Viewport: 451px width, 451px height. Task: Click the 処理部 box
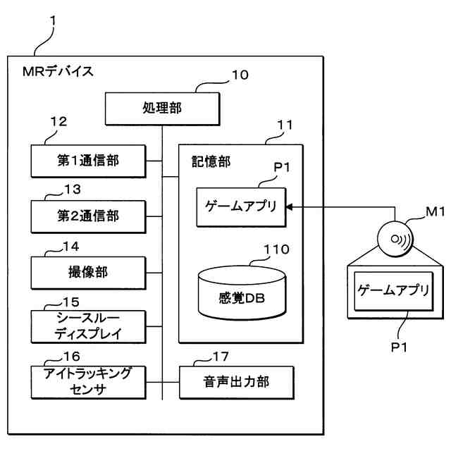(162, 109)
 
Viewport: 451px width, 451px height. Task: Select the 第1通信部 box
(88, 161)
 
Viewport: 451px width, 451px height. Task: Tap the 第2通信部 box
(88, 216)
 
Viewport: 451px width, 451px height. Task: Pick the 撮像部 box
(88, 273)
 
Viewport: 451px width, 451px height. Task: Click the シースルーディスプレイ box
(88, 326)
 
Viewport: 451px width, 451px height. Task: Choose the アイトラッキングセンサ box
(88, 382)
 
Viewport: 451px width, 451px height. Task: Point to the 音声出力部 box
(237, 382)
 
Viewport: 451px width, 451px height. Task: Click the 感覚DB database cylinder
(242, 293)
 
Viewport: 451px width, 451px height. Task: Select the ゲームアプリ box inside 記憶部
(241, 207)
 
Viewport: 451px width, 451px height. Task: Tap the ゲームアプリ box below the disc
(393, 291)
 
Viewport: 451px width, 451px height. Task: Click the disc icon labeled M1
(395, 238)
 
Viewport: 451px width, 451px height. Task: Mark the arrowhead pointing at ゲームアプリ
(290, 206)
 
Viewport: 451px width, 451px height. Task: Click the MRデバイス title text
(58, 71)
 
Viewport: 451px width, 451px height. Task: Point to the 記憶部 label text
(211, 161)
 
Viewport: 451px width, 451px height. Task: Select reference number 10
(240, 75)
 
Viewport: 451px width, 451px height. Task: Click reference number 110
(276, 249)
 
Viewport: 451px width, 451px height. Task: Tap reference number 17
(221, 357)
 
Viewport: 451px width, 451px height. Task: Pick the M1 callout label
(435, 211)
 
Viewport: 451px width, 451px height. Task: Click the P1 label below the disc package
(399, 347)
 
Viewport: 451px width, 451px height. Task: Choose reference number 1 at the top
(53, 21)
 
